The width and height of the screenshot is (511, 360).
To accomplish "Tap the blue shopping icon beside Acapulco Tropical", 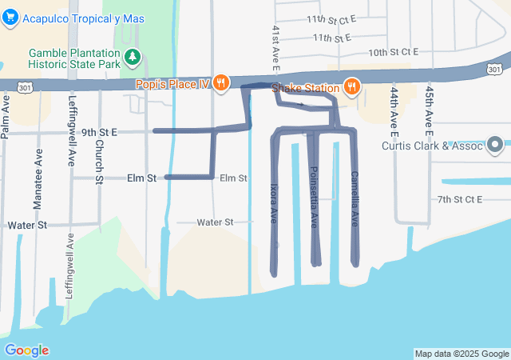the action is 10,19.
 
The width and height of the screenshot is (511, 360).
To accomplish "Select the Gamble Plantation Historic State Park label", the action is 74,58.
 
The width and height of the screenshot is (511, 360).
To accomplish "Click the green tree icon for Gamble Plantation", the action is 133,57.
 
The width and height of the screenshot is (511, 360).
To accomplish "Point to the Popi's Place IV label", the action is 178,82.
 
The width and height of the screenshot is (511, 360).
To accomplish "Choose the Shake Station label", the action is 304,87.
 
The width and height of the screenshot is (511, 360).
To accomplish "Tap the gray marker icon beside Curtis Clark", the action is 495,145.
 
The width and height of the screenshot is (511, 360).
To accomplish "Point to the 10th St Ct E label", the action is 393,52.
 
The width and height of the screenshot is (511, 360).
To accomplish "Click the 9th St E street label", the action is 98,131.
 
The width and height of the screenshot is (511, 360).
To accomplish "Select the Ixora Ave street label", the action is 273,205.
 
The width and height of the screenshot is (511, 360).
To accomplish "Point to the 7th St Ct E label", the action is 459,198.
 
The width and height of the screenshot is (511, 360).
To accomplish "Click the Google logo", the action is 27,350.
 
